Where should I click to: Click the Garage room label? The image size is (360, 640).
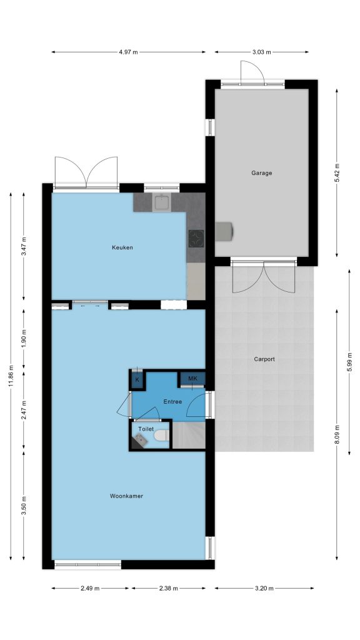click(x=261, y=173)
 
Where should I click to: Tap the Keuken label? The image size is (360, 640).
click(x=122, y=247)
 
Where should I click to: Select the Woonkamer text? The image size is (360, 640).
click(x=126, y=496)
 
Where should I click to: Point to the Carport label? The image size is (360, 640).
click(x=264, y=359)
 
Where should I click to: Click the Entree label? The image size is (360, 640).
click(x=172, y=402)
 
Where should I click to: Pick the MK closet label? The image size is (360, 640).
click(x=192, y=378)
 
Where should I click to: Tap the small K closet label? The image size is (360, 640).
click(x=137, y=379)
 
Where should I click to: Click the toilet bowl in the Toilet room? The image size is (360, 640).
click(x=162, y=436)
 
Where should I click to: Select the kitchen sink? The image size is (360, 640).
click(x=162, y=202)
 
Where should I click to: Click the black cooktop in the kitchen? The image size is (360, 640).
click(x=196, y=239)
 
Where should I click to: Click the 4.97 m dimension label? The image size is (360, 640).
click(x=129, y=52)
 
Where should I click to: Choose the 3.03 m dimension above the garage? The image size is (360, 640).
click(x=262, y=52)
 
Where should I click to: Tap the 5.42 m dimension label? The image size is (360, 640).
click(x=337, y=173)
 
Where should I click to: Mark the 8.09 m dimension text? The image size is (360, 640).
click(x=337, y=435)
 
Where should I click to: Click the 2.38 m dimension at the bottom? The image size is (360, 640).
click(x=169, y=588)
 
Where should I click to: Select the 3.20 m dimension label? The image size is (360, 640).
click(x=264, y=588)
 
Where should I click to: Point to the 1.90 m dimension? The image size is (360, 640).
click(x=24, y=340)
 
